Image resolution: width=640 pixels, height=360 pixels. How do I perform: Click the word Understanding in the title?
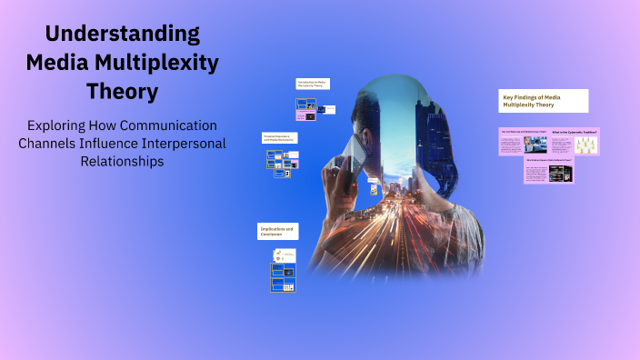point(123,35)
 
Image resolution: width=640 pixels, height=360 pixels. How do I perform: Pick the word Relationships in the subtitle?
point(123,162)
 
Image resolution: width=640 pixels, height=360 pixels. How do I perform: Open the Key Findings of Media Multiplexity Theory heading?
point(545,100)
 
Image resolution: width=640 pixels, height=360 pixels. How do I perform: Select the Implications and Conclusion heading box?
point(277,232)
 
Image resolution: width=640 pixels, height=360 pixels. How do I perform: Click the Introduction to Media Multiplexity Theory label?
point(312,84)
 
